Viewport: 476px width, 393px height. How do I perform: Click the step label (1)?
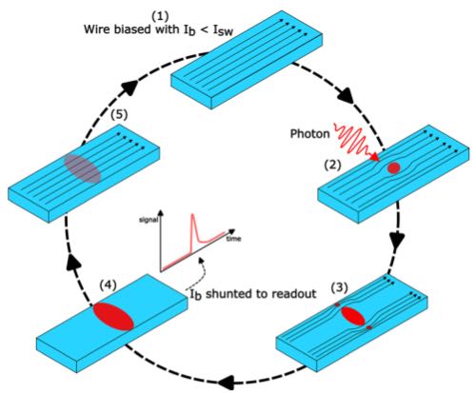click(160, 16)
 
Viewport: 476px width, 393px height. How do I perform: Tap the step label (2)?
click(332, 166)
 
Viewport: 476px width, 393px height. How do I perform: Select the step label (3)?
click(339, 287)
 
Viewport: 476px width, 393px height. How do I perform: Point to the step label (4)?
click(109, 285)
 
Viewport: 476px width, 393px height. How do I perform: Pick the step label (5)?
click(119, 115)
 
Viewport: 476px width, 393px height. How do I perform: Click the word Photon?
click(310, 133)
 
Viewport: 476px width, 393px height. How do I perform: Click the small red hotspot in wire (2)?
click(394, 167)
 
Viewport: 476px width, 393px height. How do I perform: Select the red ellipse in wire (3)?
click(353, 316)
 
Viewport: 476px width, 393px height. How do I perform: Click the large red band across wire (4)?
click(113, 317)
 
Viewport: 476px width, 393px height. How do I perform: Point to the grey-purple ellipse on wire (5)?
click(83, 169)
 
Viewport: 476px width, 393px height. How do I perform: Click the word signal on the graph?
click(149, 220)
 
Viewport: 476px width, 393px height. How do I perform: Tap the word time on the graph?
click(233, 239)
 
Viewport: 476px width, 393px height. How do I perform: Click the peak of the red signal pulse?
click(192, 215)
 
